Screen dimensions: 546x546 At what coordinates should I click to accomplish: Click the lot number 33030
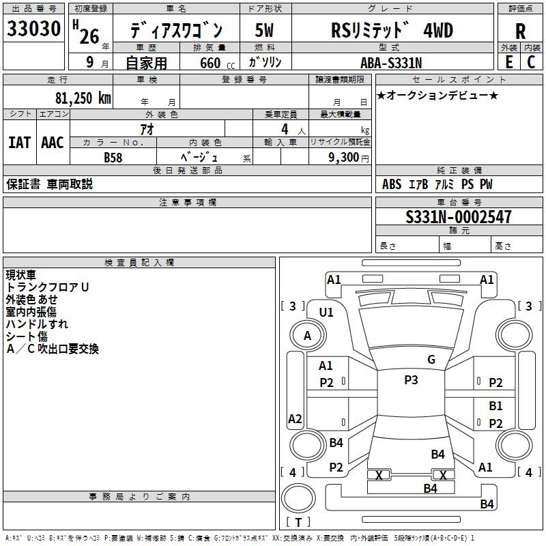pyautogui.click(x=33, y=28)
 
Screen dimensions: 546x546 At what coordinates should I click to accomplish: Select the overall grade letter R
pyautogui.click(x=520, y=31)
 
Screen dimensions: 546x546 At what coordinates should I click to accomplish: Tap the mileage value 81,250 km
pyautogui.click(x=83, y=98)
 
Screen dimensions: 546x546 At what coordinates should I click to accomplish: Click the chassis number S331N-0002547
pyautogui.click(x=458, y=216)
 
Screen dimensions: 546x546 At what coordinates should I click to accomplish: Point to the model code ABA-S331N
pyautogui.click(x=391, y=63)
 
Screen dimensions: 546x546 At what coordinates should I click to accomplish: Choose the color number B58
pyautogui.click(x=113, y=158)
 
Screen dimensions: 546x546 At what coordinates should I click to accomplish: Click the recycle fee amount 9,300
pyautogui.click(x=343, y=157)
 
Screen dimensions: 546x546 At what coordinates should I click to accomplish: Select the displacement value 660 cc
pyautogui.click(x=217, y=63)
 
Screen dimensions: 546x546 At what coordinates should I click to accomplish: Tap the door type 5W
pyautogui.click(x=264, y=30)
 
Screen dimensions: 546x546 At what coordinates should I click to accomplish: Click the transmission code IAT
pyautogui.click(x=20, y=143)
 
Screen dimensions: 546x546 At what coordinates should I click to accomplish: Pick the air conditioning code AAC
pyautogui.click(x=53, y=143)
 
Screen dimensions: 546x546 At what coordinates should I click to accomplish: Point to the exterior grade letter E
pyautogui.click(x=508, y=62)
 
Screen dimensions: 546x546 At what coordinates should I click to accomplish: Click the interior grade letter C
pyautogui.click(x=531, y=62)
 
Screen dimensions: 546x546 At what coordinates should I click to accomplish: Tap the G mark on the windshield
pyautogui.click(x=431, y=360)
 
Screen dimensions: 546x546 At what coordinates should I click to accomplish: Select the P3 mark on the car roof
pyautogui.click(x=411, y=380)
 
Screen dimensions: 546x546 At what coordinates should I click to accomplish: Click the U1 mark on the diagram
pyautogui.click(x=326, y=313)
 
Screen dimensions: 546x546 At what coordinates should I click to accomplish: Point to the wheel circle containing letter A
pyautogui.click(x=308, y=336)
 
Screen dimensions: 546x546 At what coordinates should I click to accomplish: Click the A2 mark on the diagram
pyautogui.click(x=295, y=419)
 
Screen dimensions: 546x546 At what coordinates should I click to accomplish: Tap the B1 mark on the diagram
pyautogui.click(x=495, y=405)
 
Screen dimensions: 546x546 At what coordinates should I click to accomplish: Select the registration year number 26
pyautogui.click(x=89, y=36)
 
